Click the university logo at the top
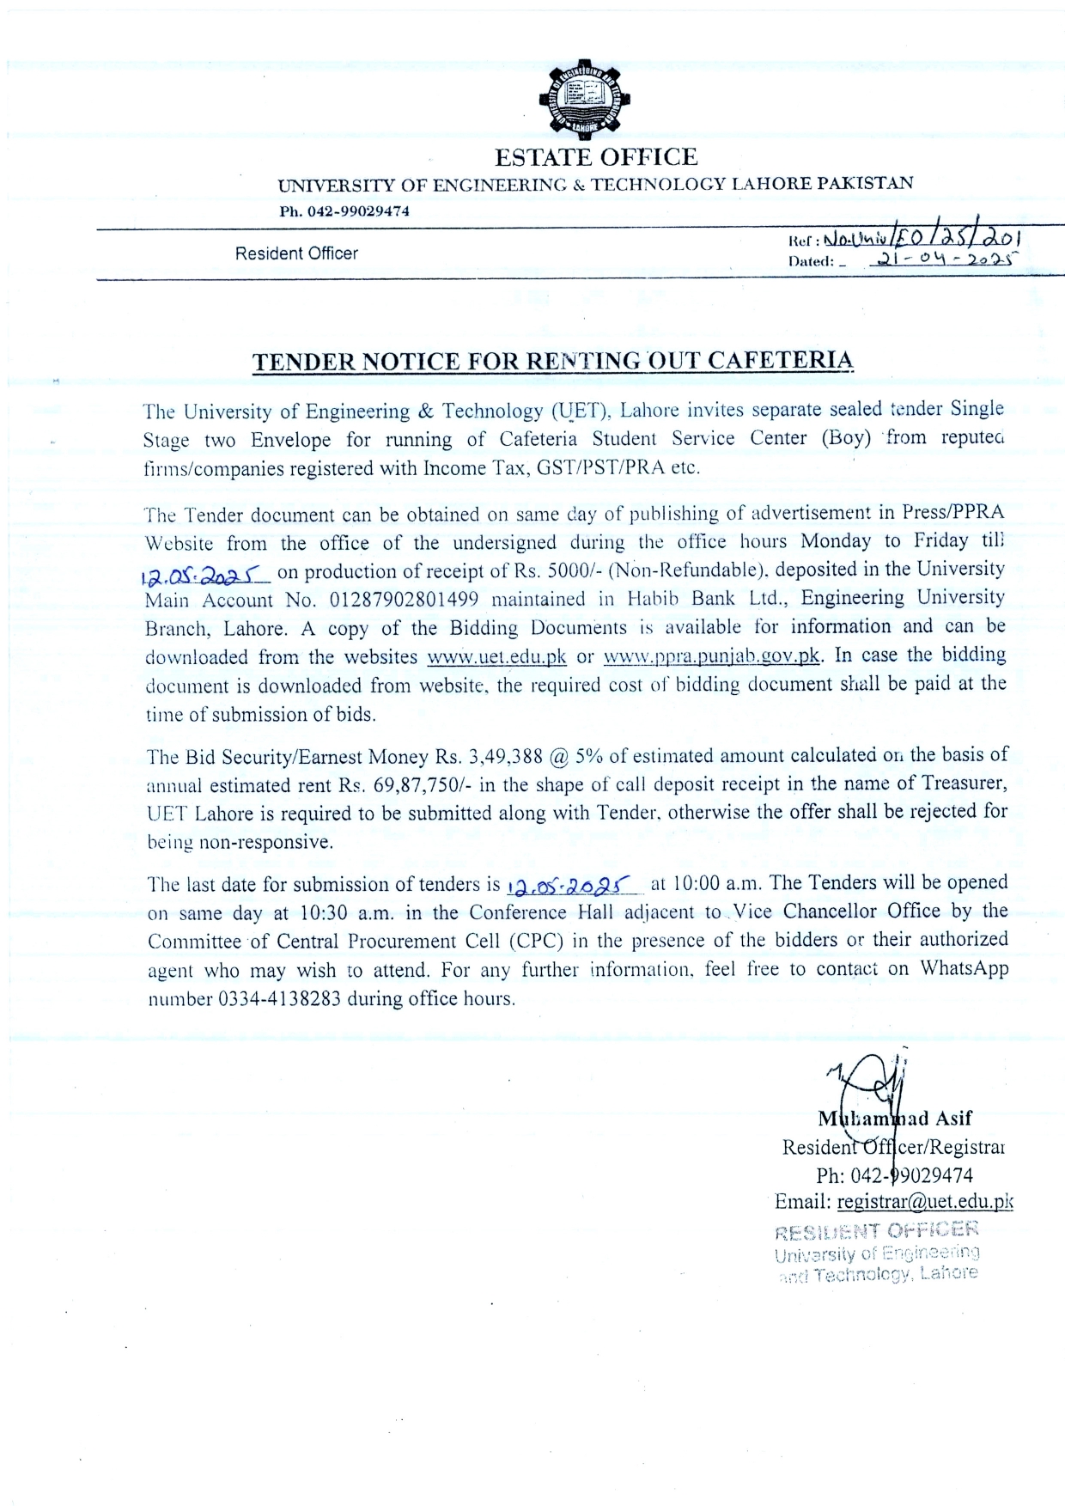tap(584, 101)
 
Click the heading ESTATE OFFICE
tap(595, 157)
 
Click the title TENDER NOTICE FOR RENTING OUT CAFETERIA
tap(553, 360)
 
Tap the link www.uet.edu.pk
tap(496, 657)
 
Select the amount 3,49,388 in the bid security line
tap(502, 757)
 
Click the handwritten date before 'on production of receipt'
tap(205, 572)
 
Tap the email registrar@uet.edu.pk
tap(925, 1202)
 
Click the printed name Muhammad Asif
tap(894, 1119)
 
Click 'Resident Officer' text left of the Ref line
tap(296, 253)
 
